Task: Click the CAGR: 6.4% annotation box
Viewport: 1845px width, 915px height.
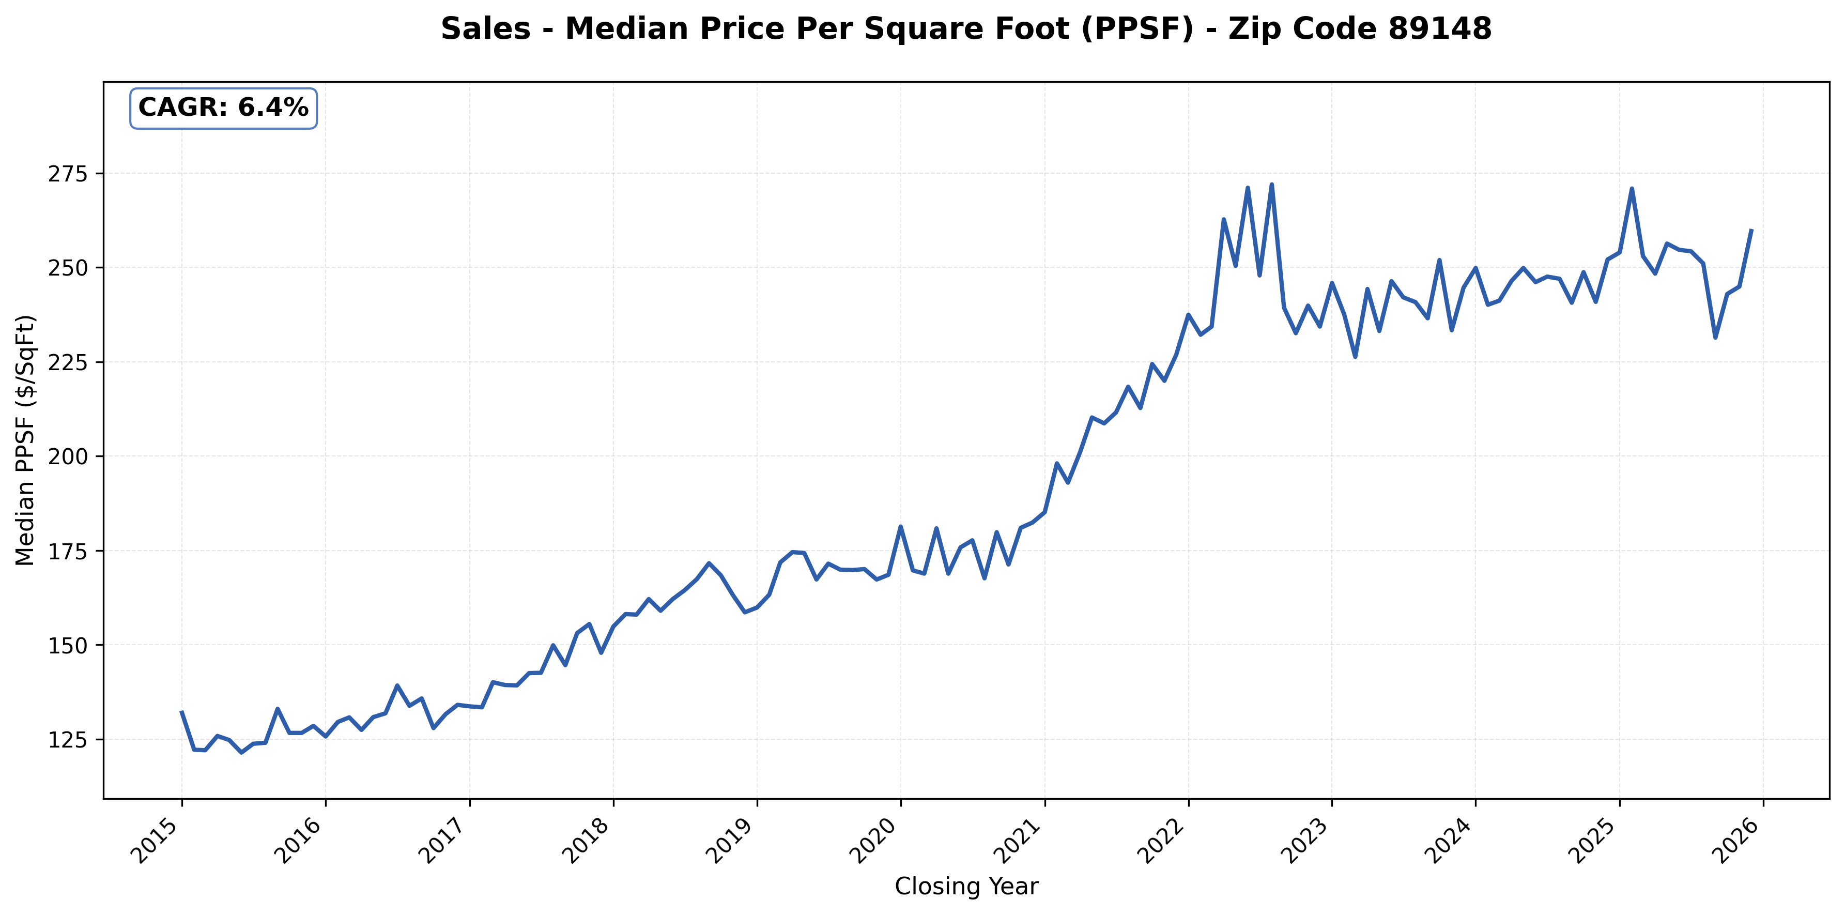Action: [223, 108]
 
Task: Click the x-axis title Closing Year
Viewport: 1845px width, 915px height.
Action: [966, 887]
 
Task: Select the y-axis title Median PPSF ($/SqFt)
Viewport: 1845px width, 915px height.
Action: [26, 440]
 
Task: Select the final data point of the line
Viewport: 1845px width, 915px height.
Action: [1751, 231]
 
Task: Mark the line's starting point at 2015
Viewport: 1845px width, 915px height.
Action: [182, 711]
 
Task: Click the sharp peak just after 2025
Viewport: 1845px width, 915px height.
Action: [1632, 189]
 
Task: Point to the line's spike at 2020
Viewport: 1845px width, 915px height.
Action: [900, 527]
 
